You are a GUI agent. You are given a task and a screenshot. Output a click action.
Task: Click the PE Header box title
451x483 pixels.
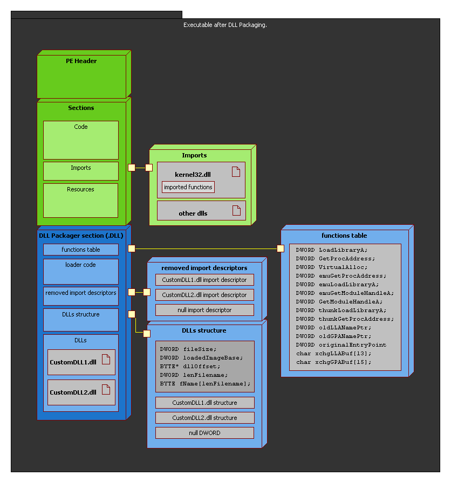(81, 61)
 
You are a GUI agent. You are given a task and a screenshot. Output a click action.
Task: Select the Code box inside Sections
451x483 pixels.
(81, 140)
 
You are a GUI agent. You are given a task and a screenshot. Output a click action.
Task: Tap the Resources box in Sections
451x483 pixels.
(81, 200)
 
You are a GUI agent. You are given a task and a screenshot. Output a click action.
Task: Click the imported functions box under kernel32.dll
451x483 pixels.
(188, 187)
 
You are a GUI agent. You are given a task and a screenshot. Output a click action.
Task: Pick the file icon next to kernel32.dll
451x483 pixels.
(236, 171)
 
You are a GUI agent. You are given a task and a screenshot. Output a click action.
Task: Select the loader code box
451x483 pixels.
(81, 271)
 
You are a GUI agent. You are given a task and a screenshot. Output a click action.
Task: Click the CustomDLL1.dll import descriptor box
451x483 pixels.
(204, 280)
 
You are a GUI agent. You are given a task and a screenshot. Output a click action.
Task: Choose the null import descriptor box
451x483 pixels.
(204, 310)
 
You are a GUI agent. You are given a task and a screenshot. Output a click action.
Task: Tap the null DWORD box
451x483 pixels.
(204, 433)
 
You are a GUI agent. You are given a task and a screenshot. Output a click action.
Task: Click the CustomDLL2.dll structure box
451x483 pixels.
(204, 418)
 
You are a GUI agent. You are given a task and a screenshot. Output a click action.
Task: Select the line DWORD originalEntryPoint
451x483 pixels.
(341, 344)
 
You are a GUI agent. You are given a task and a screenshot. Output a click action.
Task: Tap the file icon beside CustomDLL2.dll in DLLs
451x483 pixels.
(106, 388)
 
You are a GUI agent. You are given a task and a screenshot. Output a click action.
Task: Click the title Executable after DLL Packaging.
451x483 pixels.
(225, 25)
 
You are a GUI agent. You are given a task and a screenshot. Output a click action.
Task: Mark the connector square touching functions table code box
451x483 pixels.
(281, 249)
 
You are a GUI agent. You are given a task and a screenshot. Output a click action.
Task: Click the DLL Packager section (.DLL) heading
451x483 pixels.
(81, 236)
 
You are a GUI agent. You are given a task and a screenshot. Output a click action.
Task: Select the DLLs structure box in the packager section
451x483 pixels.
(81, 320)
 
